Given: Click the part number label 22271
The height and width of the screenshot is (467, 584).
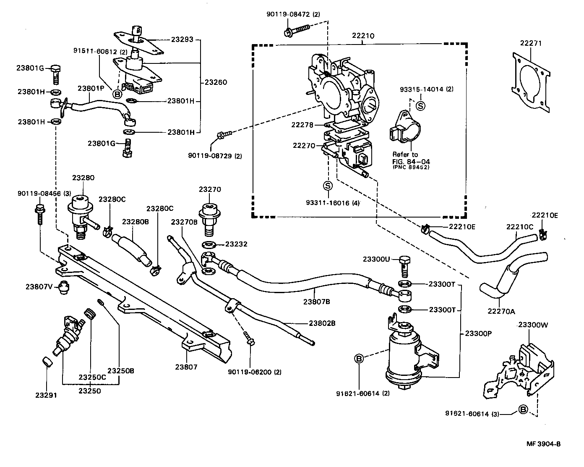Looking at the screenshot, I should coord(531,43).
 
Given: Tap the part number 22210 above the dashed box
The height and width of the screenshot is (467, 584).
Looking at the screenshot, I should coord(363,36).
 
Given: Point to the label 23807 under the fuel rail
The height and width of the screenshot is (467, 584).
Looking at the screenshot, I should coord(186,367).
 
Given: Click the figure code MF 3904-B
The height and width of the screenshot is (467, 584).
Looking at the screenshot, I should coord(544,444).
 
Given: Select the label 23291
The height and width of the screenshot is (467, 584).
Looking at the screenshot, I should coord(46,395).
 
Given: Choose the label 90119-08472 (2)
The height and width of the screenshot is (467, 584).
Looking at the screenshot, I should coord(293,14).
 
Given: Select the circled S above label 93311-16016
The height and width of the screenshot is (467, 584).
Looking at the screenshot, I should coord(328,186).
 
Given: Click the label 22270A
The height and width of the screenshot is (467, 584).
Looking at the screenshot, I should coord(501,311).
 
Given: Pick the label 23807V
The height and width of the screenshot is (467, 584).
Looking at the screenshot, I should coord(39,287).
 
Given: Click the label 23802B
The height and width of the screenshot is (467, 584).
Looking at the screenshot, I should coord(322,323).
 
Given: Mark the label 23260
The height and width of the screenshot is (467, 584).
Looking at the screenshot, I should coord(216,82).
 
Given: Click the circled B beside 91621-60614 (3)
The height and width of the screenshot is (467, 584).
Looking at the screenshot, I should coord(523,409).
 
